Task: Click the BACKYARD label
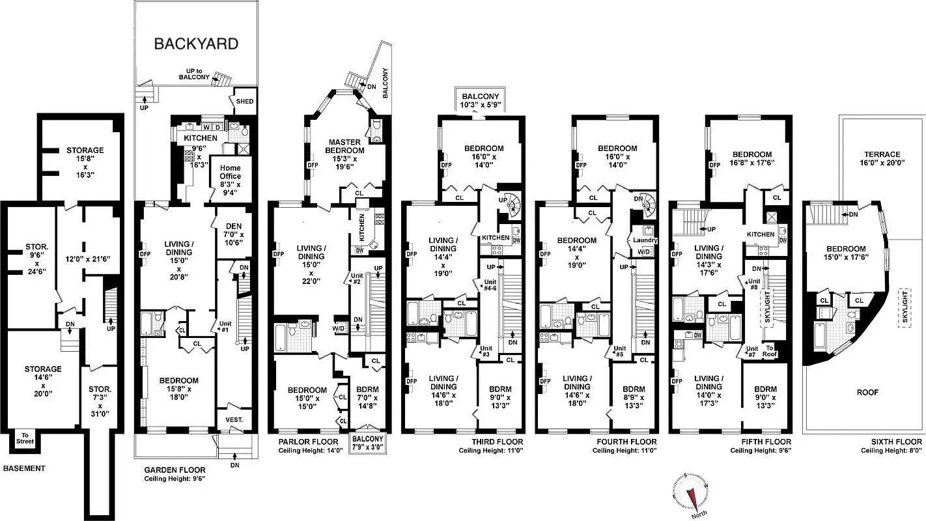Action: pyautogui.click(x=196, y=44)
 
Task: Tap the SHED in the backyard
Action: pyautogui.click(x=245, y=102)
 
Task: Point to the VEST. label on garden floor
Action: pyautogui.click(x=234, y=420)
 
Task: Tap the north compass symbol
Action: pyautogui.click(x=691, y=493)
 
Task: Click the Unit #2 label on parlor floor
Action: pyautogui.click(x=357, y=278)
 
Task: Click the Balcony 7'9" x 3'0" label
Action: pyautogui.click(x=369, y=442)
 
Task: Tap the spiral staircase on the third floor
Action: pyautogui.click(x=514, y=206)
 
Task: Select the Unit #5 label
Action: pyautogui.click(x=619, y=352)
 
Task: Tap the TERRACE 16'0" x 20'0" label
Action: pyautogui.click(x=882, y=159)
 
